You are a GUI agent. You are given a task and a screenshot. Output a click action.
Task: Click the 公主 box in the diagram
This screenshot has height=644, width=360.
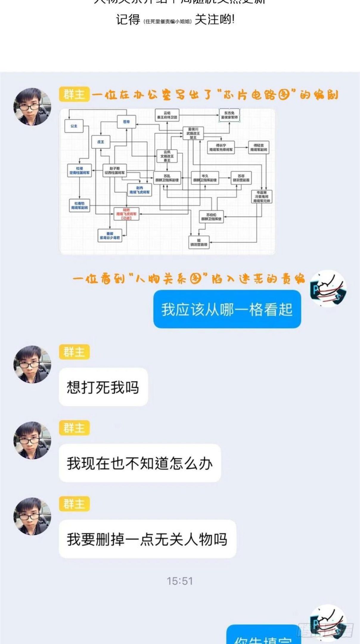pyautogui.click(x=74, y=126)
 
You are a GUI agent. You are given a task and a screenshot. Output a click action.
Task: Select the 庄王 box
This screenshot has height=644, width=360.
pyautogui.click(x=101, y=142)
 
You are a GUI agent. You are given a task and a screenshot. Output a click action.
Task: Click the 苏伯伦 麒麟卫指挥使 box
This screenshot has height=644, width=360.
pyautogui.click(x=211, y=217)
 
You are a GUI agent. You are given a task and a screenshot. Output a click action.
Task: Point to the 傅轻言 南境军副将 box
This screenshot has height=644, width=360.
pyautogui.click(x=259, y=148)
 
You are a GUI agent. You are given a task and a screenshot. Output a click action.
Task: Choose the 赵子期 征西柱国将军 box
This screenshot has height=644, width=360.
pyautogui.click(x=115, y=171)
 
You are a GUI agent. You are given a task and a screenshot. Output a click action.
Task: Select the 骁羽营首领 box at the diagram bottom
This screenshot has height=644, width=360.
pyautogui.click(x=199, y=242)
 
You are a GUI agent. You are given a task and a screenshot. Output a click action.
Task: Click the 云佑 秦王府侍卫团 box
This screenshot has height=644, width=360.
pyautogui.click(x=167, y=115)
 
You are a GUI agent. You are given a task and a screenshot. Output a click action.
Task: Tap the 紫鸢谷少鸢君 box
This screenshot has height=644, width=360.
pyautogui.click(x=110, y=236)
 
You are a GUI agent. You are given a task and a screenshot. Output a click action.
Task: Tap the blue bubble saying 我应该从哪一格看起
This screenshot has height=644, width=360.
pyautogui.click(x=227, y=309)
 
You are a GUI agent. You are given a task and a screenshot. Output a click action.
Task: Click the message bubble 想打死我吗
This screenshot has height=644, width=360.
pyautogui.click(x=103, y=387)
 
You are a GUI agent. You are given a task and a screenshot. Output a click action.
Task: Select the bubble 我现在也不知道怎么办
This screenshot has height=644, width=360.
pyautogui.click(x=139, y=463)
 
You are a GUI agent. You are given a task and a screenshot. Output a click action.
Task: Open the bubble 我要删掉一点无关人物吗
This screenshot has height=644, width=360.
pyautogui.click(x=147, y=539)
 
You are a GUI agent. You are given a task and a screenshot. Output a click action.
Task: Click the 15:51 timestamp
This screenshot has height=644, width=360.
pyautogui.click(x=180, y=581)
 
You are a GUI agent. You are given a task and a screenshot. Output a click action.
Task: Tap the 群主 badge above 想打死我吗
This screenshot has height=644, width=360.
pyautogui.click(x=74, y=352)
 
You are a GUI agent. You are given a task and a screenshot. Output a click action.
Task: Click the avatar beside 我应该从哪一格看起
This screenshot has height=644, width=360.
pyautogui.click(x=328, y=289)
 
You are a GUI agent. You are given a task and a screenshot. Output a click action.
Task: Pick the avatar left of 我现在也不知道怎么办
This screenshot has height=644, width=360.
pyautogui.click(x=32, y=440)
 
